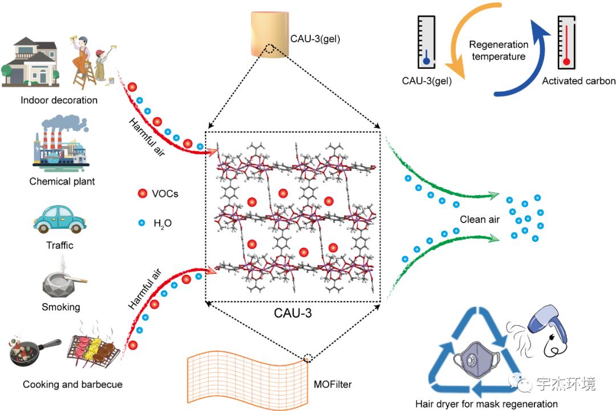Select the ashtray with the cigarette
62,284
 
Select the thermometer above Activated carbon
566,43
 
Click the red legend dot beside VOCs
141,194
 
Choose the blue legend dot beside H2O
141,223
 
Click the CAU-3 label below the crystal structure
293,313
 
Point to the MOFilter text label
333,384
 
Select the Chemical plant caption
62,182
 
